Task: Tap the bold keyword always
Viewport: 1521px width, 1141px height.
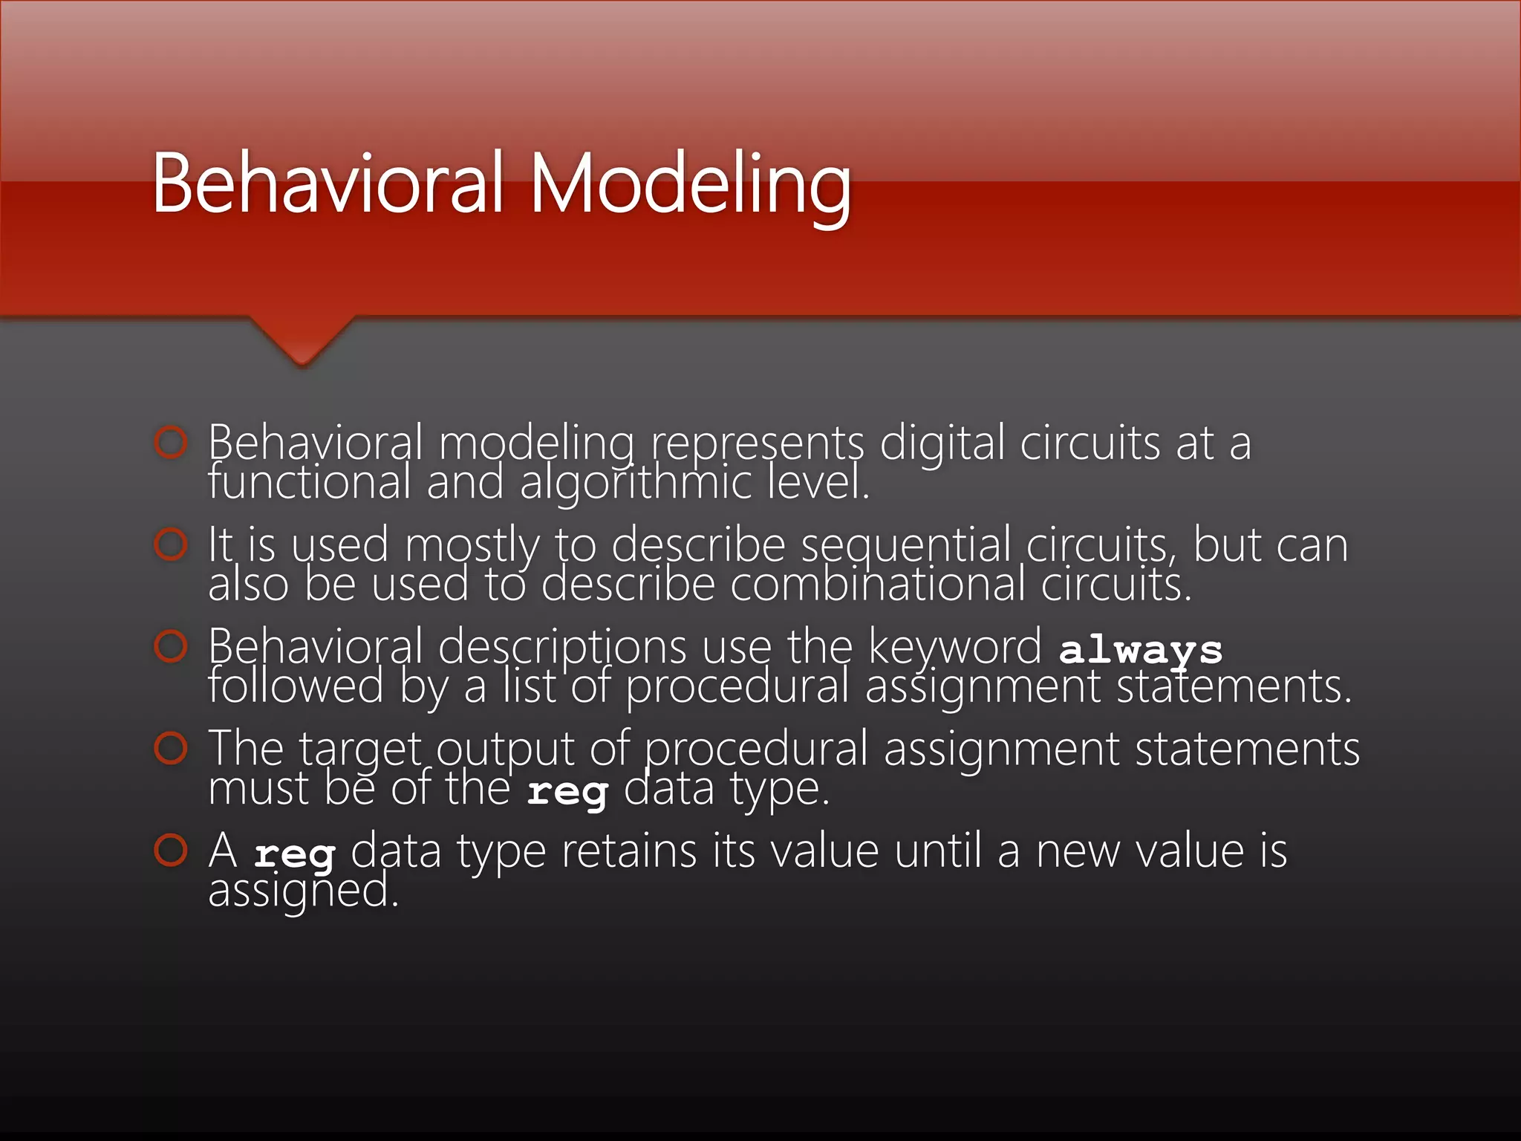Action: click(1140, 651)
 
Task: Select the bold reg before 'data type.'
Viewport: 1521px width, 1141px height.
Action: click(567, 792)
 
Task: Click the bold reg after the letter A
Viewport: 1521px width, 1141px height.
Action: click(295, 854)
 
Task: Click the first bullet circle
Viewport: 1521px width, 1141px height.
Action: click(171, 443)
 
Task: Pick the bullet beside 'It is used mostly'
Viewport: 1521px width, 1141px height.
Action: click(171, 545)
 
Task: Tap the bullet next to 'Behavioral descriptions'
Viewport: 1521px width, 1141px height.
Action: click(171, 646)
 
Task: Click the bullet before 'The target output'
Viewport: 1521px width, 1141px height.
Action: click(171, 748)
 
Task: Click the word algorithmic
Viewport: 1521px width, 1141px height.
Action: click(635, 483)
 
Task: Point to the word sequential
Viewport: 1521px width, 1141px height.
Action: click(906, 545)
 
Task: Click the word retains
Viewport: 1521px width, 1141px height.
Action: click(628, 851)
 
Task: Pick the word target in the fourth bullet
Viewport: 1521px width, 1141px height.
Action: click(360, 750)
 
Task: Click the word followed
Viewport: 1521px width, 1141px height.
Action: click(296, 686)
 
